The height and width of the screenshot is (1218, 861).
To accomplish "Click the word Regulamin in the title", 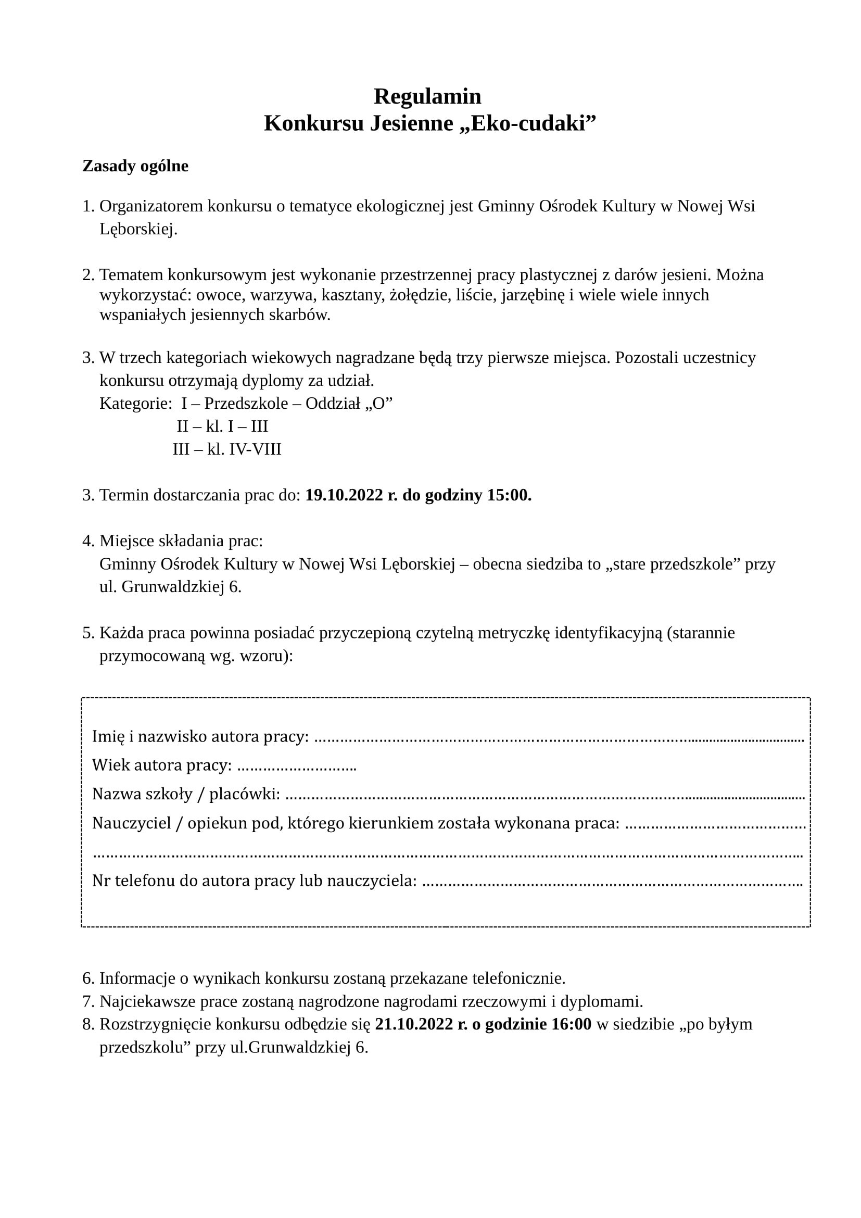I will click(427, 96).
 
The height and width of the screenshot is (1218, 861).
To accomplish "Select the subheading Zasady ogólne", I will click(135, 166).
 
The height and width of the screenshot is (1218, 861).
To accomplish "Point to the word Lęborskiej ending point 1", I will click(138, 230).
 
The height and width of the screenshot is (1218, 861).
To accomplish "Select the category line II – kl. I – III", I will click(223, 426).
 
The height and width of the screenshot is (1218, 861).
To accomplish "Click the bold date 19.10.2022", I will click(344, 495).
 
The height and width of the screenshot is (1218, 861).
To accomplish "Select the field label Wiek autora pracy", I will click(162, 765).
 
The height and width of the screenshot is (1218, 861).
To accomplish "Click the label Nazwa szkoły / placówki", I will click(186, 794).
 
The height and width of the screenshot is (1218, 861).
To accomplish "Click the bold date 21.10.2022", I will click(413, 1024).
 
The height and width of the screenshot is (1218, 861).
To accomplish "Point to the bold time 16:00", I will click(572, 1024).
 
